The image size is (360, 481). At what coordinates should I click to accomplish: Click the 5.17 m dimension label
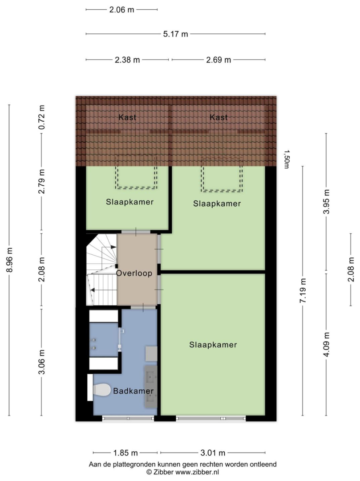pos(175,34)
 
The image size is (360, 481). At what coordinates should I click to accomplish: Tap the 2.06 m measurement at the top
pos(121,9)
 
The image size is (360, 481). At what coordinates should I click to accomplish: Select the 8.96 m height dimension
pos(9,260)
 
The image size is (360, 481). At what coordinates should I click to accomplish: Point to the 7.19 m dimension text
pos(303,291)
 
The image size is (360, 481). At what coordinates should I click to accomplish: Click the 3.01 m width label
pos(213,452)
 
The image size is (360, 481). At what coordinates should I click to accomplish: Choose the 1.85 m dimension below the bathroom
pos(125,452)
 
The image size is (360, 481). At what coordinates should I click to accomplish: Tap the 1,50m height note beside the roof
pos(286,159)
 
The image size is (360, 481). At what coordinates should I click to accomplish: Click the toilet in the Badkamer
pos(101,390)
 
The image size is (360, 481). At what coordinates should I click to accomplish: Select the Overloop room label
pos(134,273)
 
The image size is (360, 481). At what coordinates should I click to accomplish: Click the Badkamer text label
pos(133,391)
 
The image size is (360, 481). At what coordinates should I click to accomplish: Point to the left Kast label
pos(127,117)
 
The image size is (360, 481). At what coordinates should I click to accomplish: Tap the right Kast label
pos(219,117)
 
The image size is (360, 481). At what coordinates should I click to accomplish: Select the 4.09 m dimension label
pos(326,344)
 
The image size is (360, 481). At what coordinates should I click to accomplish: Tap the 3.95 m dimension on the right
pos(326,202)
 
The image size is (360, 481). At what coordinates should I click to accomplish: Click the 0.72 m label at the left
pos(42,117)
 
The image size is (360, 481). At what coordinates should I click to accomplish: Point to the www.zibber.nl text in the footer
pos(197,472)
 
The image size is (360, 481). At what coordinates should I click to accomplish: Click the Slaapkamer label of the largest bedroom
pos(213,345)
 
